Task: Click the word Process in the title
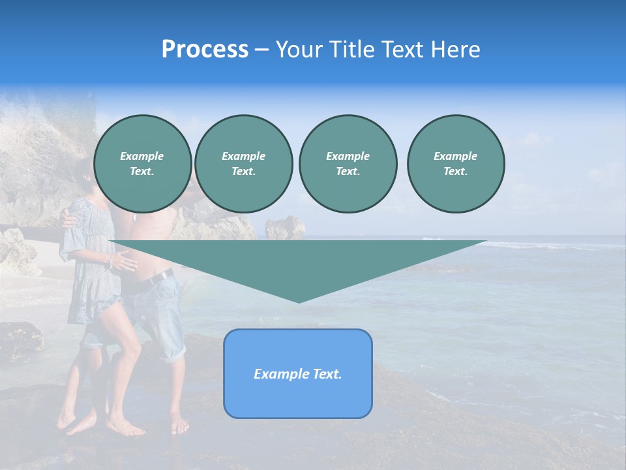(x=205, y=50)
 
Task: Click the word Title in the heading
(x=350, y=50)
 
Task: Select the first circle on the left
(x=142, y=164)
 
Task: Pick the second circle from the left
(x=243, y=164)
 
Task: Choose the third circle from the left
(x=348, y=164)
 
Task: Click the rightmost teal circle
(x=455, y=164)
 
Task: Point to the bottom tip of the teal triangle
(x=299, y=301)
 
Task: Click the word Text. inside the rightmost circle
(x=455, y=172)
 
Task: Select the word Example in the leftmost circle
(x=142, y=156)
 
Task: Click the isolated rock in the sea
(x=285, y=228)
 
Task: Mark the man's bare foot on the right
(x=179, y=426)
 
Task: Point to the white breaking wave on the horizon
(x=522, y=245)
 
